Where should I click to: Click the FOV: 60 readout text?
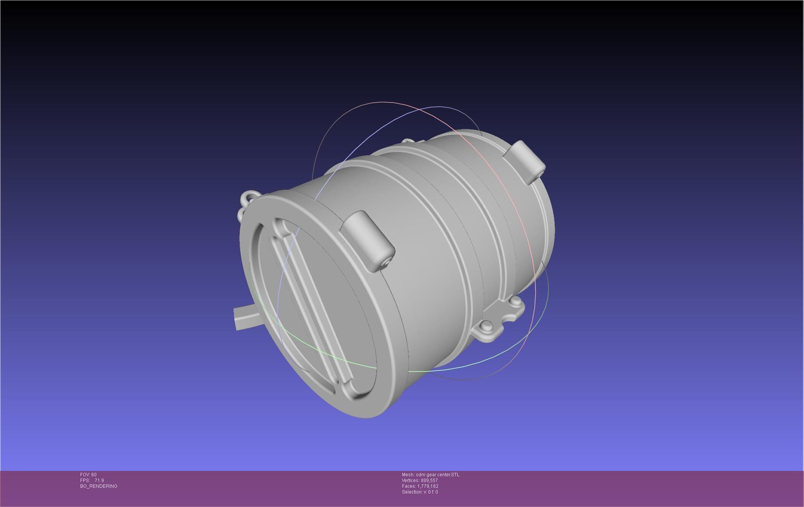tap(88, 475)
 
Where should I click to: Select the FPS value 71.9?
tap(99, 480)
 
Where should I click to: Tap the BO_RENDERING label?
tap(99, 486)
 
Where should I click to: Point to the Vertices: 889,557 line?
tap(420, 480)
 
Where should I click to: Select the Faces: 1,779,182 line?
tap(420, 486)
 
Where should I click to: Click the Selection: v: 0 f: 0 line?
tap(420, 492)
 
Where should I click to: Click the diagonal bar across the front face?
tap(311, 303)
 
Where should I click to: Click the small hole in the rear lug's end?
tap(540, 174)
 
